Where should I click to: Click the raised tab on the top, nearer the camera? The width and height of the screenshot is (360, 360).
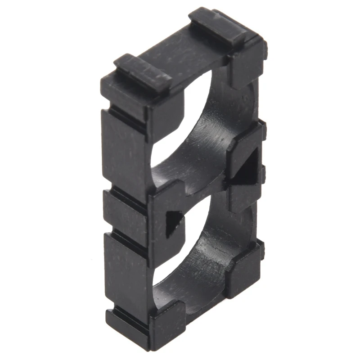pos(142,72)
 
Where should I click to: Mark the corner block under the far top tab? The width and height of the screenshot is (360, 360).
pos(245,67)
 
